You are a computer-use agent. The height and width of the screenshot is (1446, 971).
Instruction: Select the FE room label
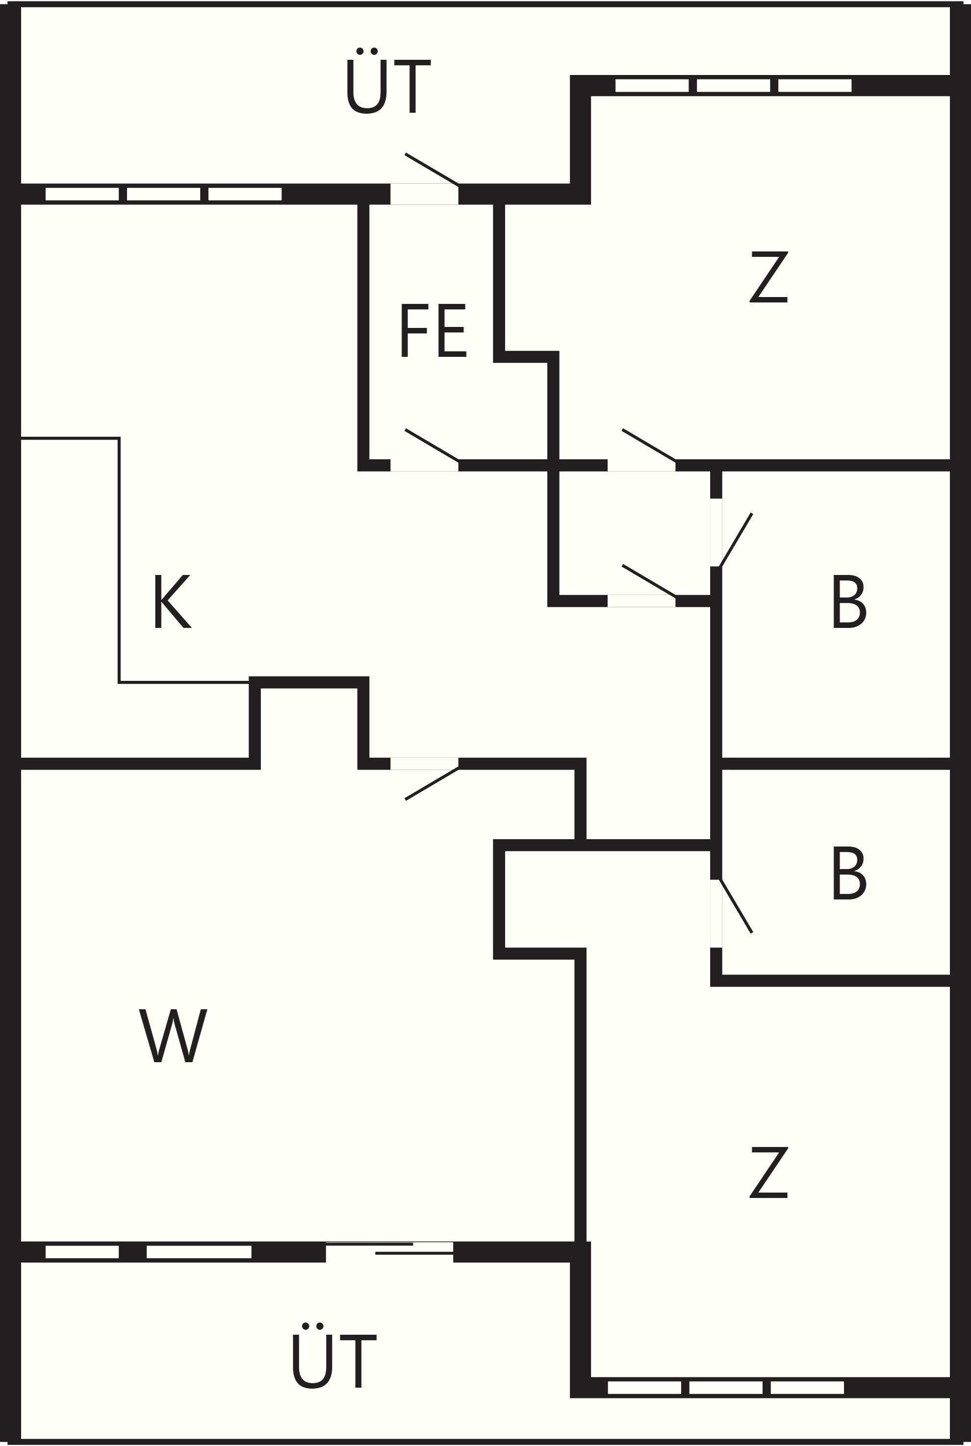[434, 330]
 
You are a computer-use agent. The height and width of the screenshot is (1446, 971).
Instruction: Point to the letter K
[173, 601]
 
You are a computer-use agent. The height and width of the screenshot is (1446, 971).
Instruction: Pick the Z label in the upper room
[768, 276]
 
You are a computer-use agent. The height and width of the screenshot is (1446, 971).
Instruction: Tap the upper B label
[849, 601]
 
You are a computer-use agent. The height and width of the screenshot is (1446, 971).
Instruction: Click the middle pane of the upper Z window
[733, 85]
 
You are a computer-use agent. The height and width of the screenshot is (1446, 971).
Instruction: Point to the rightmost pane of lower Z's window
[807, 1388]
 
